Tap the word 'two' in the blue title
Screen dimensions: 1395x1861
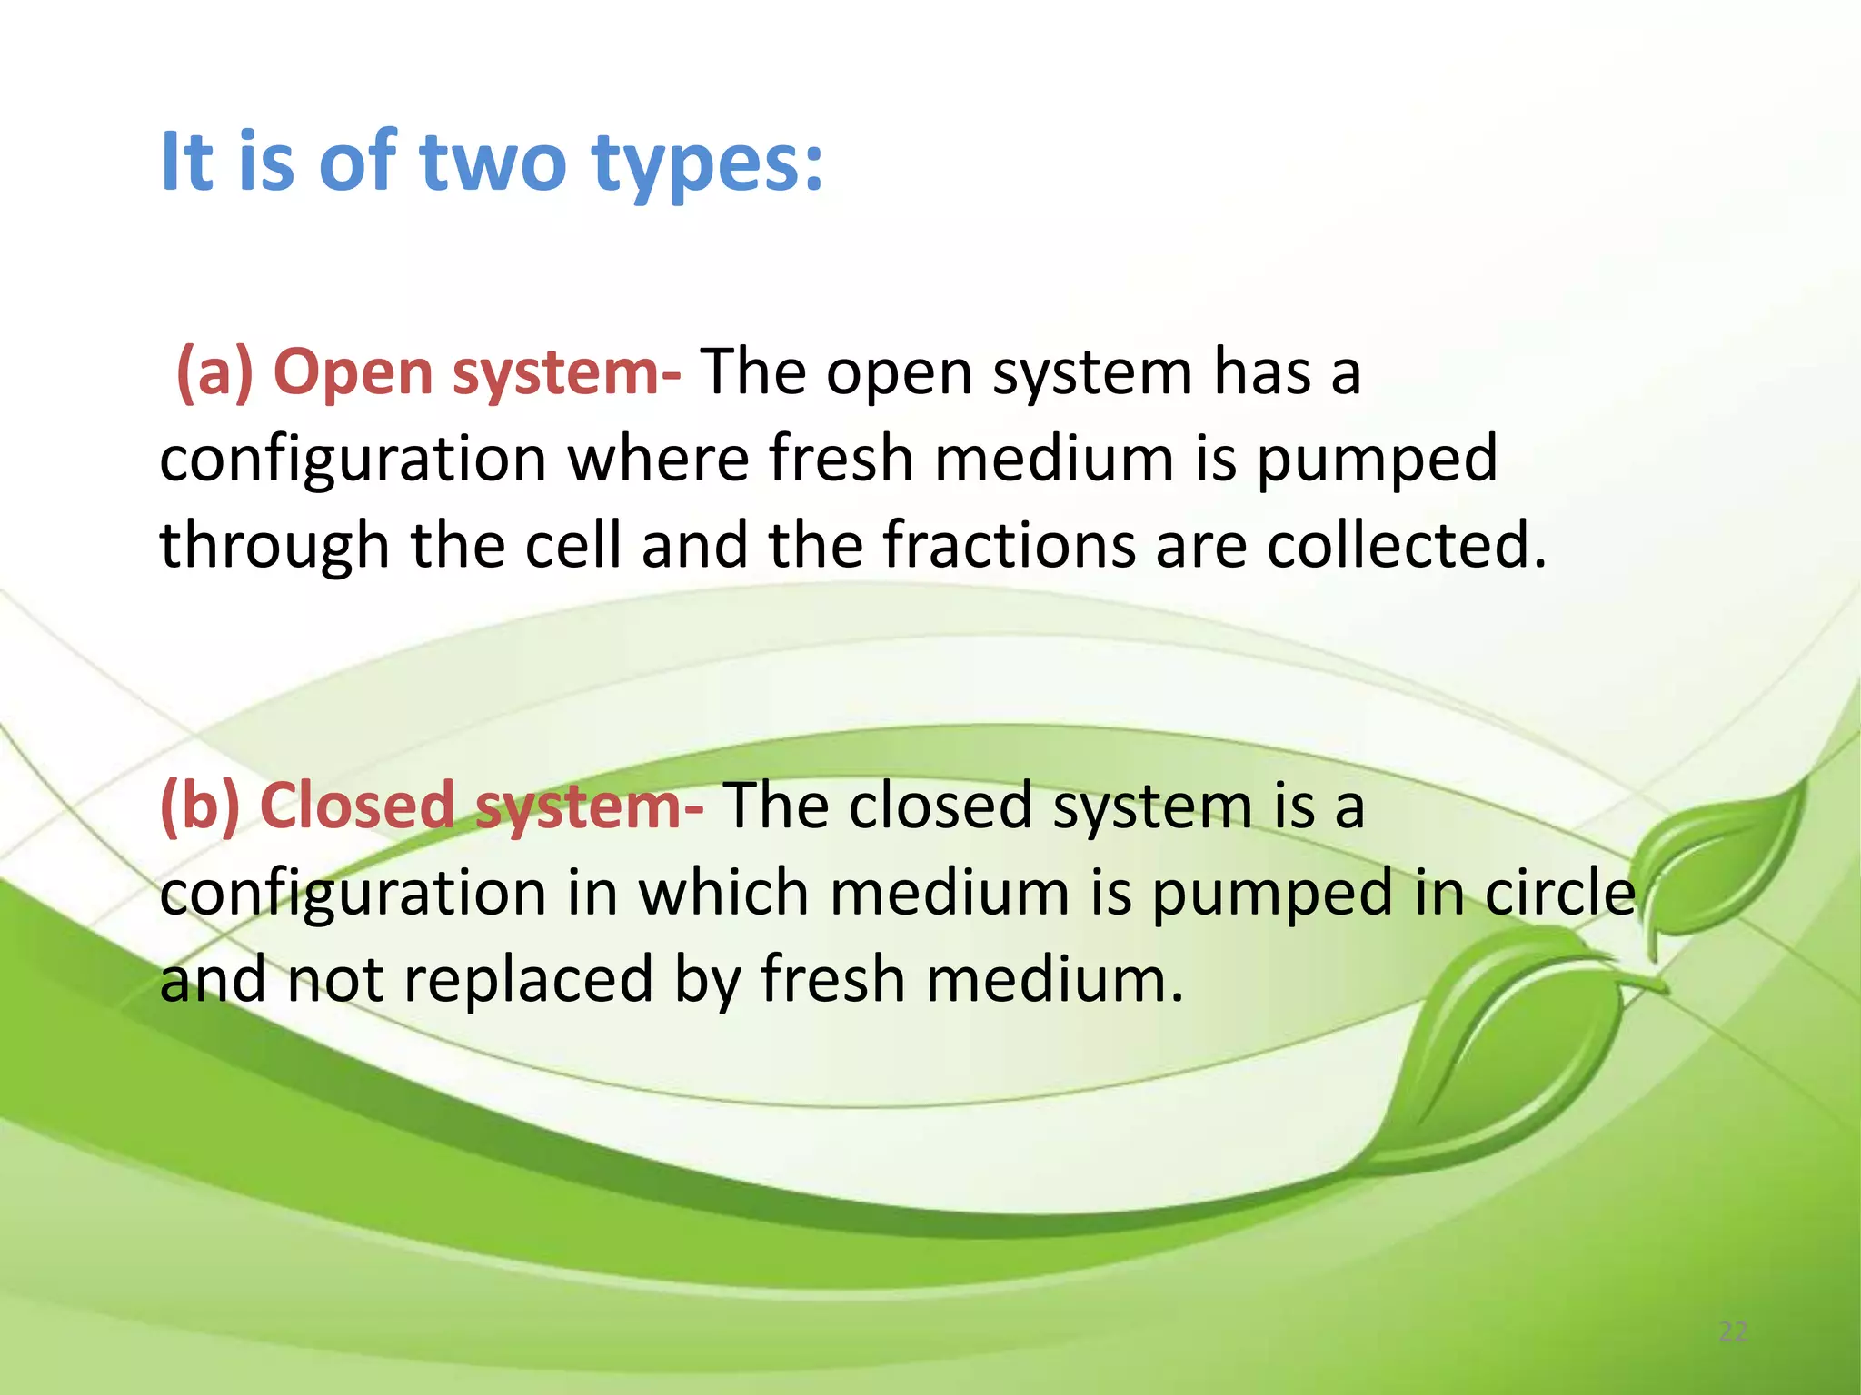(492, 163)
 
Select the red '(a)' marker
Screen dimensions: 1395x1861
(215, 372)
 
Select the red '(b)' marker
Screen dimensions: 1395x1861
(200, 806)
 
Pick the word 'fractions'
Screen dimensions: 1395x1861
(1008, 545)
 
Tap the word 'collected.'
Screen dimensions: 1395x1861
(1406, 545)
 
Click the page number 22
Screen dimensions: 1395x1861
(1733, 1332)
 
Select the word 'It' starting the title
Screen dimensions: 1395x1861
(185, 163)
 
